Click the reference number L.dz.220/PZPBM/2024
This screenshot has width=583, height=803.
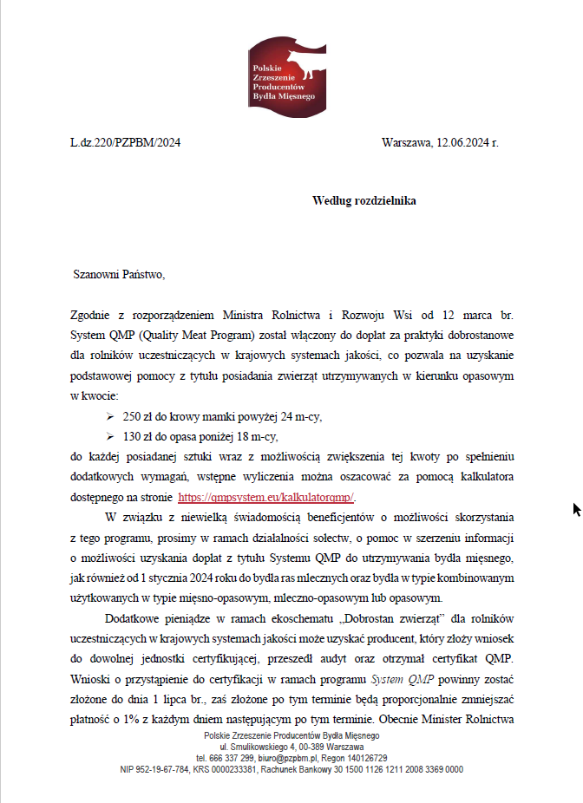pyautogui.click(x=125, y=143)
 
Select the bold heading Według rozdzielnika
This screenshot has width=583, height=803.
pyautogui.click(x=364, y=201)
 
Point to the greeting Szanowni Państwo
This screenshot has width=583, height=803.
pyautogui.click(x=118, y=276)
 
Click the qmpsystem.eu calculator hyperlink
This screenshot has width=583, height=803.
pyautogui.click(x=267, y=498)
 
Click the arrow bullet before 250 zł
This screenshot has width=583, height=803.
pyautogui.click(x=110, y=416)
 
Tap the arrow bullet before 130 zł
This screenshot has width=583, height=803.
pyautogui.click(x=110, y=436)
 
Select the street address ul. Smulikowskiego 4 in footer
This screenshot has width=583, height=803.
pyautogui.click(x=257, y=747)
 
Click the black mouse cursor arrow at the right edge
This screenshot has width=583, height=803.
pyautogui.click(x=576, y=509)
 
